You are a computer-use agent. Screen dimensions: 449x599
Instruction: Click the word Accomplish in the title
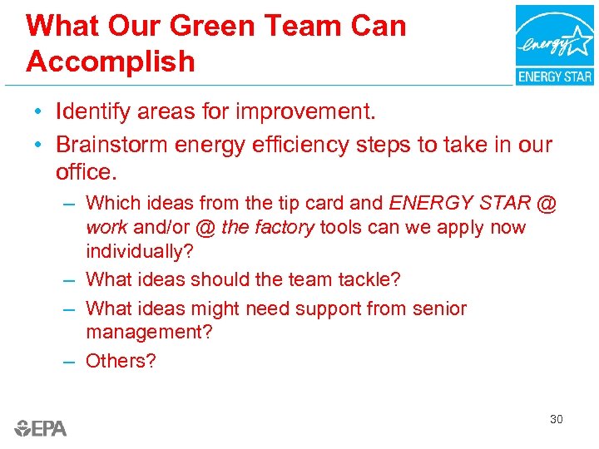coord(111,62)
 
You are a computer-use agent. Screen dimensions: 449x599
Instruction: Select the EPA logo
coord(41,428)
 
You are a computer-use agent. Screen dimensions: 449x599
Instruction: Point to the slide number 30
coord(556,419)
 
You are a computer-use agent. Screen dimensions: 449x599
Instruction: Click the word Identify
coord(94,111)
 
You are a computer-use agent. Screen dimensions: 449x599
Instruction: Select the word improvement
coord(304,111)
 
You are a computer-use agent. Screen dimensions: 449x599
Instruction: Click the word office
coord(87,173)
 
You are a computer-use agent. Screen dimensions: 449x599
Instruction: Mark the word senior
coord(438,308)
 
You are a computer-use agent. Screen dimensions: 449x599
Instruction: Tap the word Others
coord(120,361)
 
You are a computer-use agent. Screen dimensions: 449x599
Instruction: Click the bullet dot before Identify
coord(39,111)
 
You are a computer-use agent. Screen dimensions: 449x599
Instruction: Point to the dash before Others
coord(71,361)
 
